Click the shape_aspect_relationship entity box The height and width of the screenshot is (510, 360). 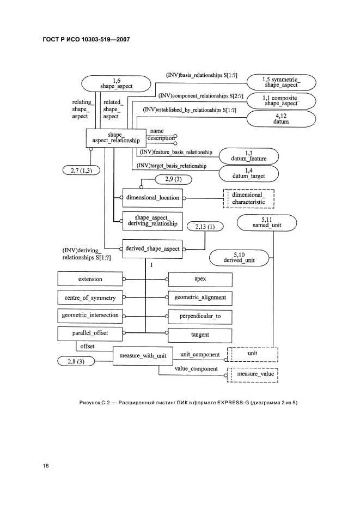coord(115,137)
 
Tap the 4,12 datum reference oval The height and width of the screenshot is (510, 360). coord(281,119)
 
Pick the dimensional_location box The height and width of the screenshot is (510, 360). coord(152,198)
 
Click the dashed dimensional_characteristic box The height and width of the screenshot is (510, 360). coord(248,198)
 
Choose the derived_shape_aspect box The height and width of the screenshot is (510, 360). coord(152,248)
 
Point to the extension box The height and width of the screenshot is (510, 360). coord(90,279)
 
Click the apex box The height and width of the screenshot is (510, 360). coord(199,279)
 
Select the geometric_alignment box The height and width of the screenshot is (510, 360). coord(199,298)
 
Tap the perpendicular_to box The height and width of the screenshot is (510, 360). coord(199,316)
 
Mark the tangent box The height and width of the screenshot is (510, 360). coord(199,335)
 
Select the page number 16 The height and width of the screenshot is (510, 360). coord(46,466)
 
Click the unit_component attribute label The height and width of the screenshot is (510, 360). coord(200,355)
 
